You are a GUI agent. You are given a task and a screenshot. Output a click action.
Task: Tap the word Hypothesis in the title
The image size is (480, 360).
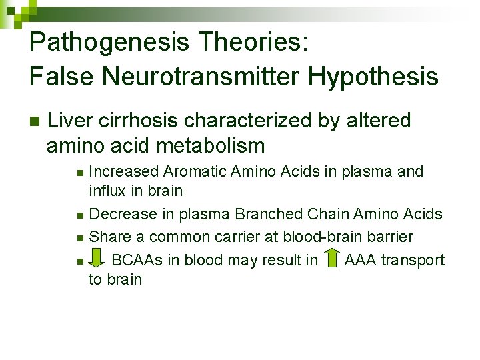(373, 77)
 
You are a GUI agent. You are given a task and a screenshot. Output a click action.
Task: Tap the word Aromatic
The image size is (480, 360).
(195, 171)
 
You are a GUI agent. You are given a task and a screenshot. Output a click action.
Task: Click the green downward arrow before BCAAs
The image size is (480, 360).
(97, 259)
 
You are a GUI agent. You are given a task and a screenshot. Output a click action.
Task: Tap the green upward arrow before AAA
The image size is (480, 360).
(331, 259)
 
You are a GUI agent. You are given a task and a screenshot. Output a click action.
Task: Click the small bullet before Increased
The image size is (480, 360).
(80, 173)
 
